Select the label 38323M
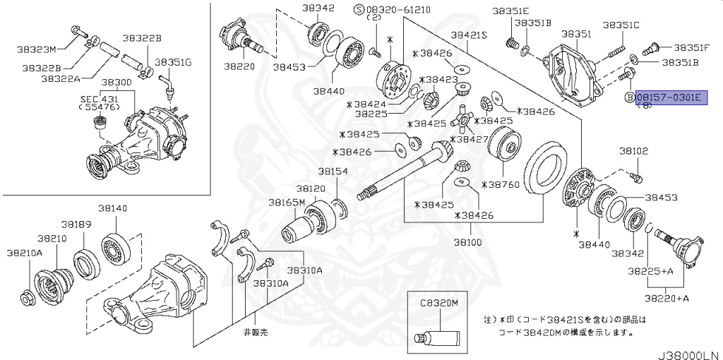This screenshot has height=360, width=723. point(37,49)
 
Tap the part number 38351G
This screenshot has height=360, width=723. point(173,62)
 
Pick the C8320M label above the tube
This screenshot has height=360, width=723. point(440,301)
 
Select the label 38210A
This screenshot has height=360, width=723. point(25,252)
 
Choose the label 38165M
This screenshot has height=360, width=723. point(286,202)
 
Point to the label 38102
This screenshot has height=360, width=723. point(634,150)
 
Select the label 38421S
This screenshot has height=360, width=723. point(469,34)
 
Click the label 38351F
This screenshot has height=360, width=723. point(691,47)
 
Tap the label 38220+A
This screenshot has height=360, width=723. point(669,298)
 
